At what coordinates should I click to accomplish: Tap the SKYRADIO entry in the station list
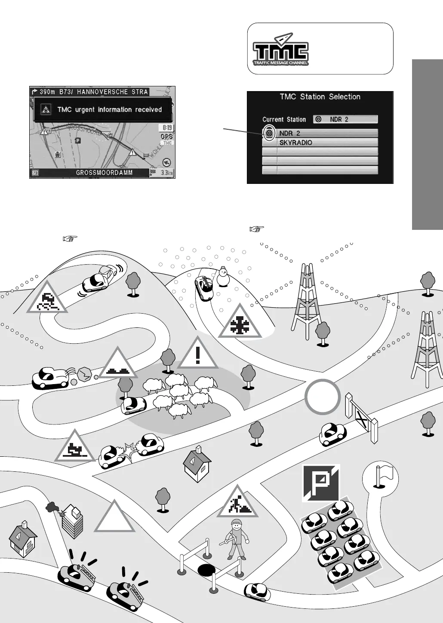pyautogui.click(x=320, y=143)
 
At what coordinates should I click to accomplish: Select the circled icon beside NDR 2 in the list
pyautogui.click(x=269, y=133)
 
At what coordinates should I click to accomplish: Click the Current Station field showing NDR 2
pyautogui.click(x=346, y=119)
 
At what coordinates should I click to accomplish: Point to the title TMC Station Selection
pyautogui.click(x=320, y=97)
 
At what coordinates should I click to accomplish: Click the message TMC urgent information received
pyautogui.click(x=109, y=110)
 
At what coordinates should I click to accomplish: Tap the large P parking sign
pyautogui.click(x=320, y=483)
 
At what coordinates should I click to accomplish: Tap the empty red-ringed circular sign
pyautogui.click(x=323, y=397)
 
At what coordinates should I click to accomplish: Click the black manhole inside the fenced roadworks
pyautogui.click(x=206, y=570)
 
